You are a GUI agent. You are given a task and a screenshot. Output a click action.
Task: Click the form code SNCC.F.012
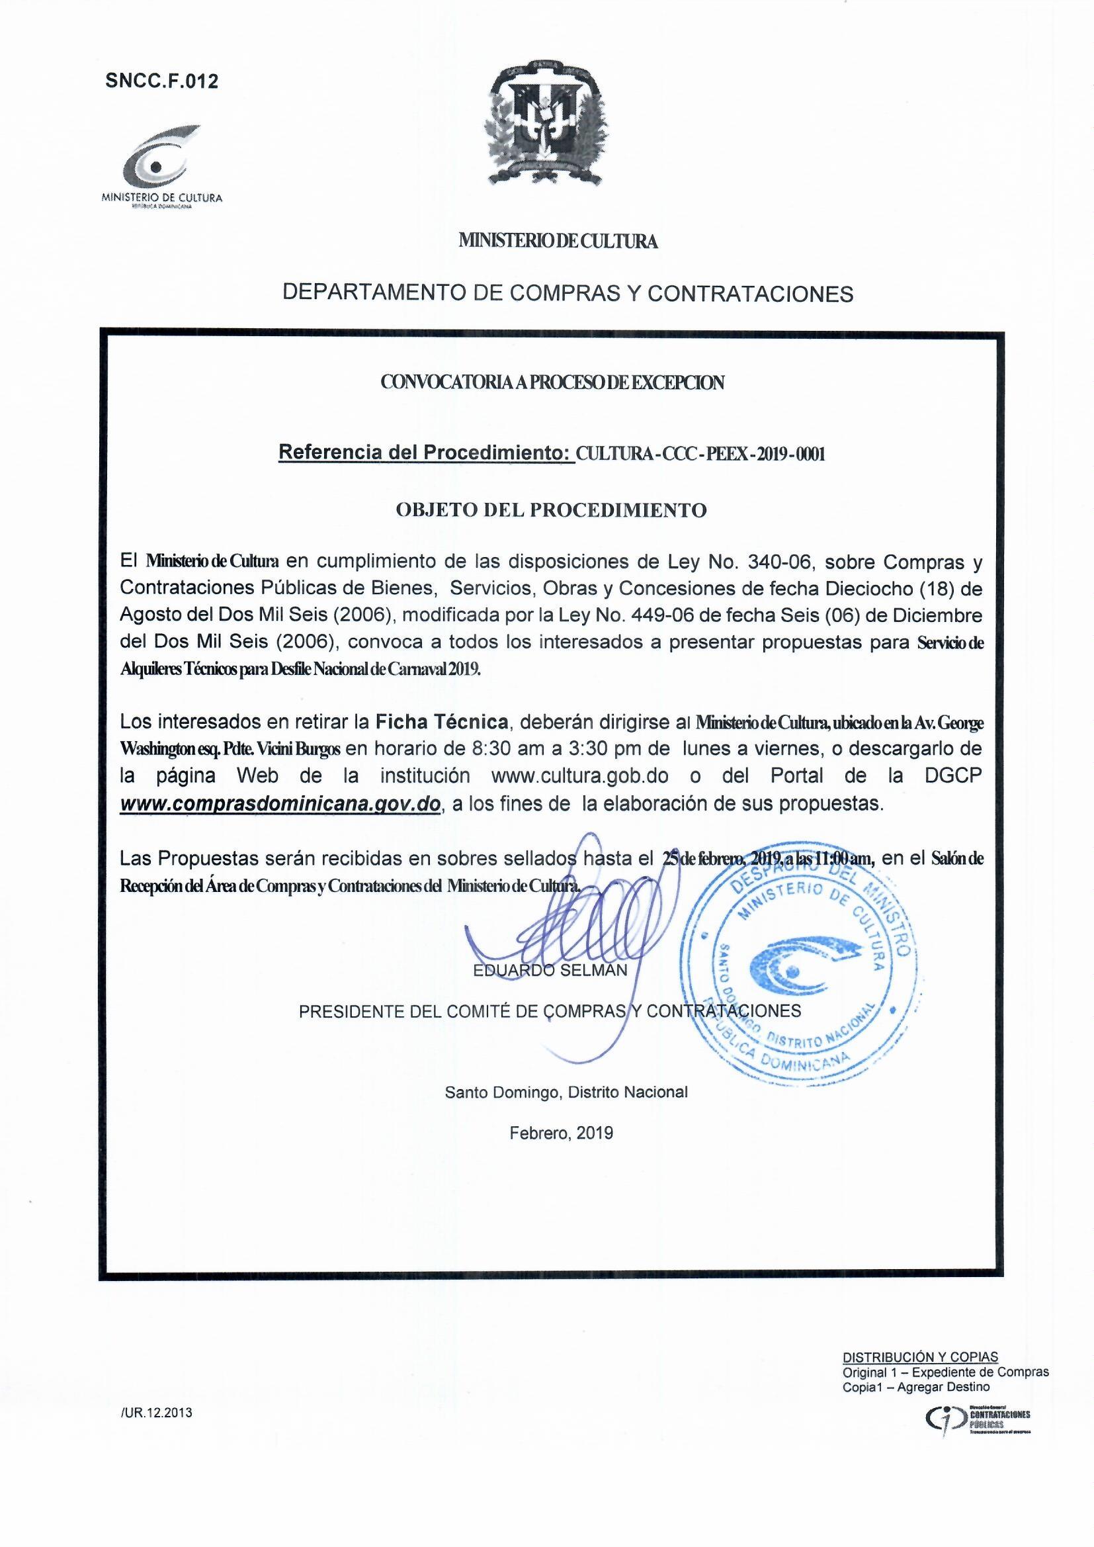(x=161, y=81)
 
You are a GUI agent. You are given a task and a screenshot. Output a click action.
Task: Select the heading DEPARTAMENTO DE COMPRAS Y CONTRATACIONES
(x=568, y=294)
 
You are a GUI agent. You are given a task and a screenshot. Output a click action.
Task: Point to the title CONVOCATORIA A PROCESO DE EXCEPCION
(x=552, y=382)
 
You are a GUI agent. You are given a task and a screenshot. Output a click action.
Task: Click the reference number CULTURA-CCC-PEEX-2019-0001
(x=700, y=453)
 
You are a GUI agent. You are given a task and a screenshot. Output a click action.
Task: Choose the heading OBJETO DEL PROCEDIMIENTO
(x=550, y=510)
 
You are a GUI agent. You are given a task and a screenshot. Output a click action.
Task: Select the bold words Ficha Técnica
(x=441, y=723)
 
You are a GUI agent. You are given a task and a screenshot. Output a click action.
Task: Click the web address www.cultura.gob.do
(x=580, y=775)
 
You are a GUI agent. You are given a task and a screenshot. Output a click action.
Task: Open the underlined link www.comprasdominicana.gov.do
(x=280, y=803)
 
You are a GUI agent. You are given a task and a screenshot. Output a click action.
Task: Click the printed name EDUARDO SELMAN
(x=550, y=970)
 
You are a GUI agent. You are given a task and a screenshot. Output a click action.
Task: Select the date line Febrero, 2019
(x=561, y=1133)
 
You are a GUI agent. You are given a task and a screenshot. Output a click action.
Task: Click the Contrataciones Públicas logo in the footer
(x=975, y=1397)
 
